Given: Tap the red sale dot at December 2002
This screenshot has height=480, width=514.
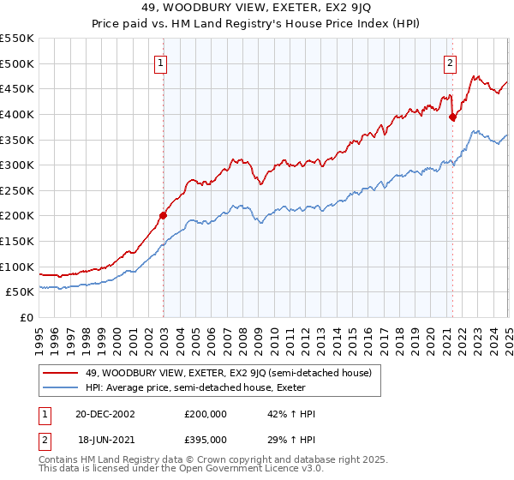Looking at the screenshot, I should click(x=163, y=215).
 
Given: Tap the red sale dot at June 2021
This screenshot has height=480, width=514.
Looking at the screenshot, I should click(x=452, y=117).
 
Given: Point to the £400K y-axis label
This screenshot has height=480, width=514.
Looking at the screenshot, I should click(x=17, y=114).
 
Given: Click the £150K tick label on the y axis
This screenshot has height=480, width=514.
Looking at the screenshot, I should click(x=17, y=241).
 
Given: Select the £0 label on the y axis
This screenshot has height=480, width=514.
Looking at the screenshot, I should click(x=27, y=317).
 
